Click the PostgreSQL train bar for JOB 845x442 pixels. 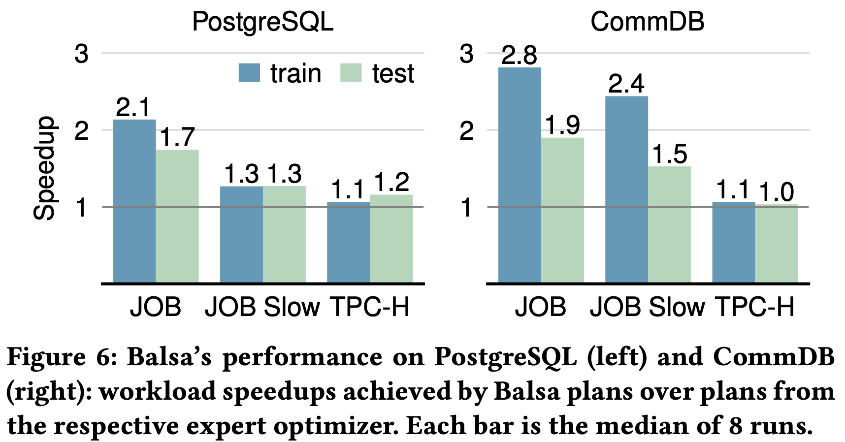coord(134,201)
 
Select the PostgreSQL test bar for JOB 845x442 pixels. coord(177,216)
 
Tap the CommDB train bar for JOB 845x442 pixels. coord(520,175)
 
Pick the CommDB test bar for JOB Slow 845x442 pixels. coord(669,224)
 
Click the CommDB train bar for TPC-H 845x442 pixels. coord(733,242)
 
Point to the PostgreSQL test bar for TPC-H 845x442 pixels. coord(391,239)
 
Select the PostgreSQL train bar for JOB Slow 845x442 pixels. coord(241,235)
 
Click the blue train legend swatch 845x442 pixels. coord(249,73)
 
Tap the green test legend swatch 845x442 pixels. coord(351,73)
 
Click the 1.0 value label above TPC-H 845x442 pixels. coord(776,192)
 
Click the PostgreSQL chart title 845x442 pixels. coord(262,22)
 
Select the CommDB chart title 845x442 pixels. coord(648,22)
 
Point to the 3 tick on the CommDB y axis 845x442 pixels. coord(466,54)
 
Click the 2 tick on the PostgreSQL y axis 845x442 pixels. coord(81,130)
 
